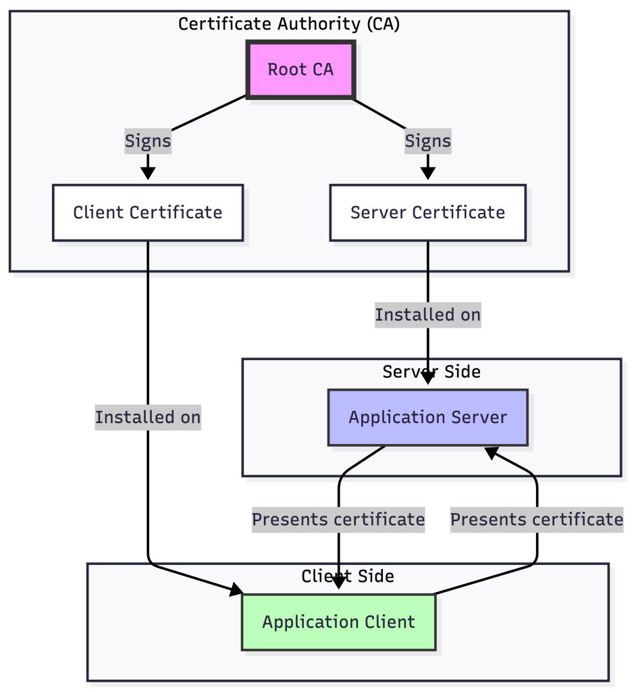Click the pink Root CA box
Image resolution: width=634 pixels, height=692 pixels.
click(x=300, y=70)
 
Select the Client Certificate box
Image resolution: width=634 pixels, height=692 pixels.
click(x=148, y=213)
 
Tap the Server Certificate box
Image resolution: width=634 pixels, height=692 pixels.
click(x=427, y=213)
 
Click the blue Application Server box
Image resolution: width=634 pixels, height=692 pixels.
click(x=427, y=418)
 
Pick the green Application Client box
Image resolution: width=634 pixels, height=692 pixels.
click(x=338, y=622)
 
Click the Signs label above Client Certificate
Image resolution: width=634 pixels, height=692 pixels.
click(x=148, y=141)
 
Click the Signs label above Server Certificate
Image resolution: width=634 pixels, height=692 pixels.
click(x=427, y=141)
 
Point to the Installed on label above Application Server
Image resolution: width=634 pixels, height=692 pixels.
click(x=427, y=315)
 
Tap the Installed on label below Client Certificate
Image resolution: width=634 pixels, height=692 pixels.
click(x=148, y=417)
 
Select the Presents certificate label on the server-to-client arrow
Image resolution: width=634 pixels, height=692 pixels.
click(x=338, y=520)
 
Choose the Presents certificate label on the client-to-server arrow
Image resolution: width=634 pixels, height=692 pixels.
click(x=537, y=520)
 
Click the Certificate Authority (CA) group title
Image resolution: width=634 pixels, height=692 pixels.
click(x=289, y=24)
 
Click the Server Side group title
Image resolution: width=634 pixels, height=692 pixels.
click(x=431, y=372)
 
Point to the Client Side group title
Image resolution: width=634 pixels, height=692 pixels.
click(x=348, y=576)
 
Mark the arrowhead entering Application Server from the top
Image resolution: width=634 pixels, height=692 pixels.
click(x=427, y=378)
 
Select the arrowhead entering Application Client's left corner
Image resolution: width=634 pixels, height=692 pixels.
click(x=236, y=590)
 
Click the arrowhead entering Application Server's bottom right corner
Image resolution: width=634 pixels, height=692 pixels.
click(x=492, y=452)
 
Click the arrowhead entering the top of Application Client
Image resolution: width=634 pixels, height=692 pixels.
click(x=338, y=583)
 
